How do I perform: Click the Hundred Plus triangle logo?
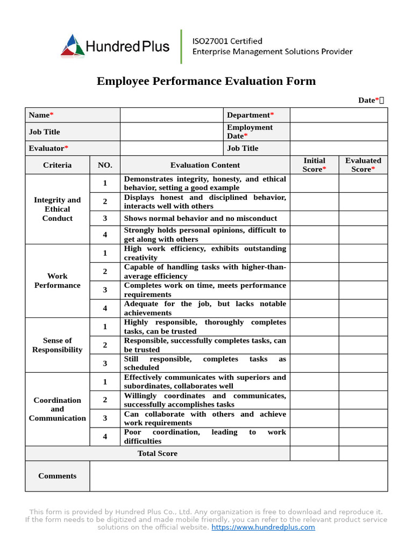click(73, 45)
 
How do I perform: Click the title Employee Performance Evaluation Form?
click(206, 81)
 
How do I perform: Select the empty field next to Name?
click(171, 115)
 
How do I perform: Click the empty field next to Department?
click(338, 115)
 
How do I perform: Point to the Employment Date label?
click(250, 132)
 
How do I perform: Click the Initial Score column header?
click(314, 165)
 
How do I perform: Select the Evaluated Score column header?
click(363, 165)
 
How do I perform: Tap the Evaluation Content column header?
click(205, 165)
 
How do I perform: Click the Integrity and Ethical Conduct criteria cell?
click(57, 209)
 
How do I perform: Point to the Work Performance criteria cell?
click(57, 281)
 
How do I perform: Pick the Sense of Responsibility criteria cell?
click(57, 345)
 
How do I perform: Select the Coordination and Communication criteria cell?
click(57, 409)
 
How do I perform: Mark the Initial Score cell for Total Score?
click(314, 453)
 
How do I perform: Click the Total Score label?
click(157, 453)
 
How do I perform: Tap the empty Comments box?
click(238, 476)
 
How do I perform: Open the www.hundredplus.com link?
click(263, 527)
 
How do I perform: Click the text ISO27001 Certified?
click(227, 41)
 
